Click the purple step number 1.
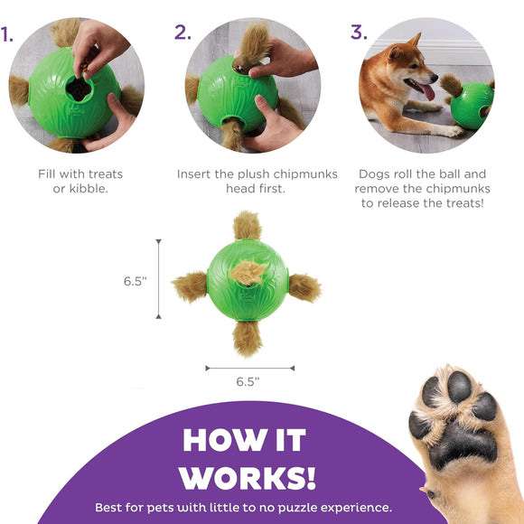(7, 35)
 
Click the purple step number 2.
(183, 33)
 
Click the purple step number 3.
(359, 33)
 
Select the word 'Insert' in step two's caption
(197, 173)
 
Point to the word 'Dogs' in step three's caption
(377, 173)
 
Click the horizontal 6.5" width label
(248, 381)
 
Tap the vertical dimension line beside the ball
(160, 279)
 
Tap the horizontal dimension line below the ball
(249, 368)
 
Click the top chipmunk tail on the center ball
(248, 226)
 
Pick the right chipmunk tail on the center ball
(304, 286)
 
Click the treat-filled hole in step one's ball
(80, 88)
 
